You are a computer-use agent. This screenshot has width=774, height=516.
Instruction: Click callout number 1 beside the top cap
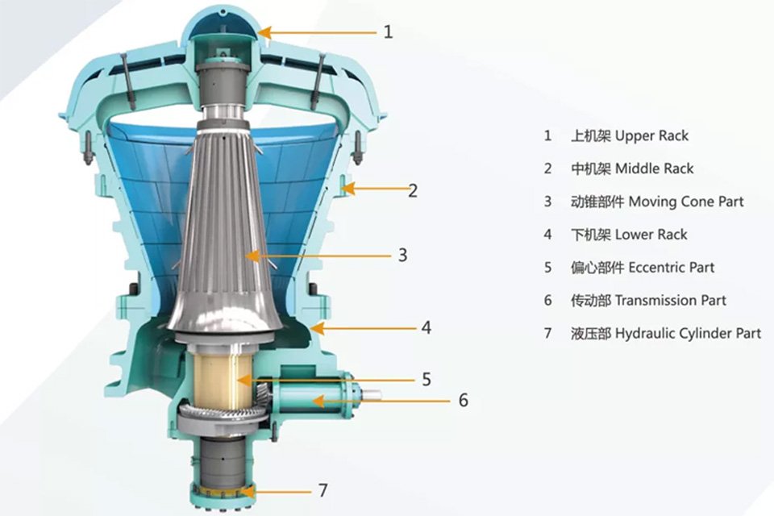click(388, 32)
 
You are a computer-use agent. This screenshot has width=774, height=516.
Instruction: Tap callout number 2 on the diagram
click(413, 190)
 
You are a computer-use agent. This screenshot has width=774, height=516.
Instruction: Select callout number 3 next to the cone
click(403, 256)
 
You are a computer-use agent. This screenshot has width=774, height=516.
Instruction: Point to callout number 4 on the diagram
click(427, 328)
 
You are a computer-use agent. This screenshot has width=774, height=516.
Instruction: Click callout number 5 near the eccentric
click(427, 379)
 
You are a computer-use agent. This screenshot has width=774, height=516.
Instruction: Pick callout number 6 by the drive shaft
click(463, 400)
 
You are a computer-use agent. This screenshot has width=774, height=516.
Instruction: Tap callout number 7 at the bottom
click(322, 490)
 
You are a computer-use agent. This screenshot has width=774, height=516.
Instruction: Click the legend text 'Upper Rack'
click(651, 135)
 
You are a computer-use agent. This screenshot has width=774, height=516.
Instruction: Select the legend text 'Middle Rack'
click(655, 169)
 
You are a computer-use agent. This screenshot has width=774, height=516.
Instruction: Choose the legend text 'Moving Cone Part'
click(686, 202)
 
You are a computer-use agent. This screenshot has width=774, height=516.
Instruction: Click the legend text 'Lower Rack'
click(651, 235)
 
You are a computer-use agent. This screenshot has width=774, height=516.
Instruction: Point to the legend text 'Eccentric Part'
click(672, 268)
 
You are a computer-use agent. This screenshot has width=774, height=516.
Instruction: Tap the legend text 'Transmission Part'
click(671, 300)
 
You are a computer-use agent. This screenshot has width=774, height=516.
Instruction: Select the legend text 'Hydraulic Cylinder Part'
click(688, 334)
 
